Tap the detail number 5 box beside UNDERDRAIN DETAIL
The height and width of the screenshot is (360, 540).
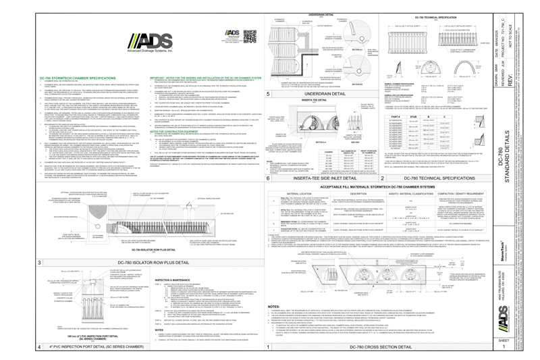269,94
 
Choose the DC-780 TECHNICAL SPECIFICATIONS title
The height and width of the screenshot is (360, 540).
439,178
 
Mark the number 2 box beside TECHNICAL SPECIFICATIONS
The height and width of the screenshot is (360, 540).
383,178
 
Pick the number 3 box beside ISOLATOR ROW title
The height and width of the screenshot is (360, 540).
40,262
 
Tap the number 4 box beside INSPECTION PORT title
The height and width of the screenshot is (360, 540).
40,346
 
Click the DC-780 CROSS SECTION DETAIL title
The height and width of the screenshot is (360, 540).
381,346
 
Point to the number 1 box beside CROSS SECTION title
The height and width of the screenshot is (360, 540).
269,346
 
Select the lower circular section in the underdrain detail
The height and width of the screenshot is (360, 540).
358,69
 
